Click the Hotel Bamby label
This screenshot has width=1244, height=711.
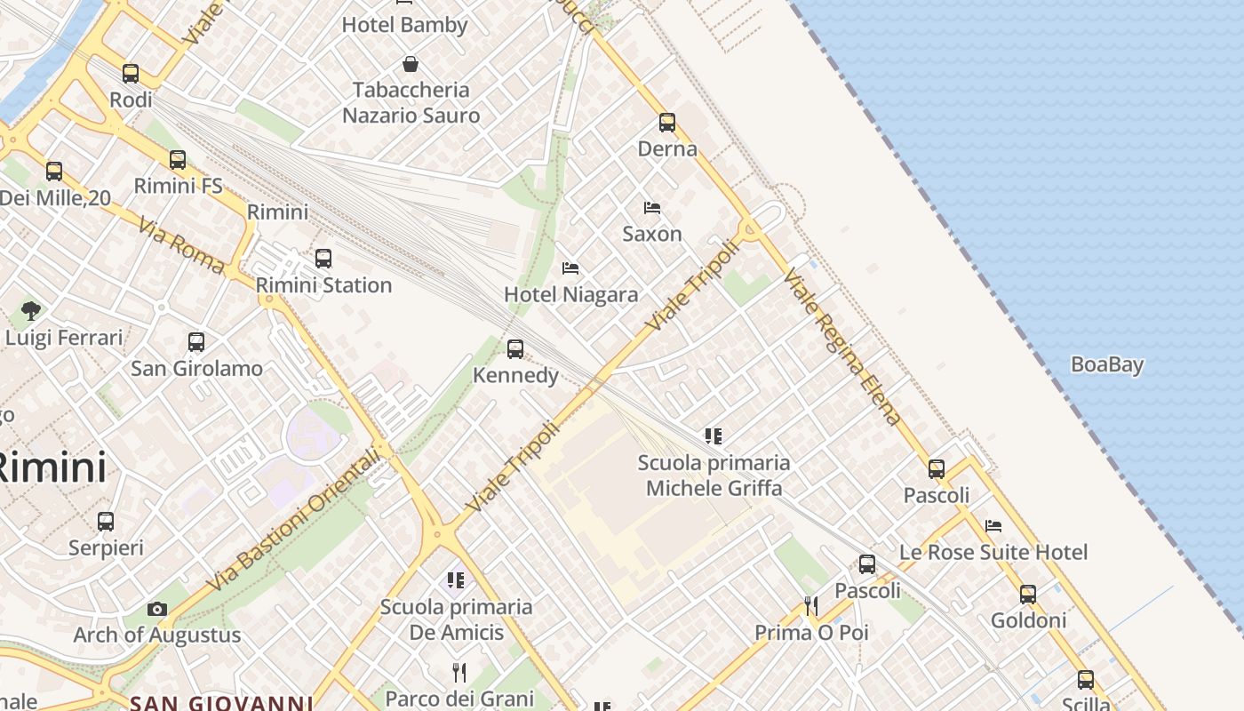[404, 25]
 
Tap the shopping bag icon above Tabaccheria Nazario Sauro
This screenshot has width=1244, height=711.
[411, 64]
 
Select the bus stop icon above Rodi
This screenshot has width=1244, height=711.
[131, 74]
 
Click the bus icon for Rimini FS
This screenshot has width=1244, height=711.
[178, 160]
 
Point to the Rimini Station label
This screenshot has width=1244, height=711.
[323, 285]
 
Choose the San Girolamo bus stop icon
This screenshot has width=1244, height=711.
[196, 342]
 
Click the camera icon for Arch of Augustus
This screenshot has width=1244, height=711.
[157, 609]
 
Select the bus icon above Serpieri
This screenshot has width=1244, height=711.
[106, 522]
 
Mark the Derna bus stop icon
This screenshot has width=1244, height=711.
[667, 123]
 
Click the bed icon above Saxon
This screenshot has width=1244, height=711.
[652, 208]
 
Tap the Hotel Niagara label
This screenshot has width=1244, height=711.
[570, 294]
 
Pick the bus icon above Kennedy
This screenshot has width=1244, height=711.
[515, 349]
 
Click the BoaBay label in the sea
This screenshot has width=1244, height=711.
[1106, 364]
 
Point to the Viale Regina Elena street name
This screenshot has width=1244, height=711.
[842, 347]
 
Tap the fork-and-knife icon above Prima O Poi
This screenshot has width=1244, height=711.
[810, 606]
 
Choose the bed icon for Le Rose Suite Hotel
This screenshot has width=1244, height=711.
[993, 526]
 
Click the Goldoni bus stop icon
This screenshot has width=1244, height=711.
[1028, 595]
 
